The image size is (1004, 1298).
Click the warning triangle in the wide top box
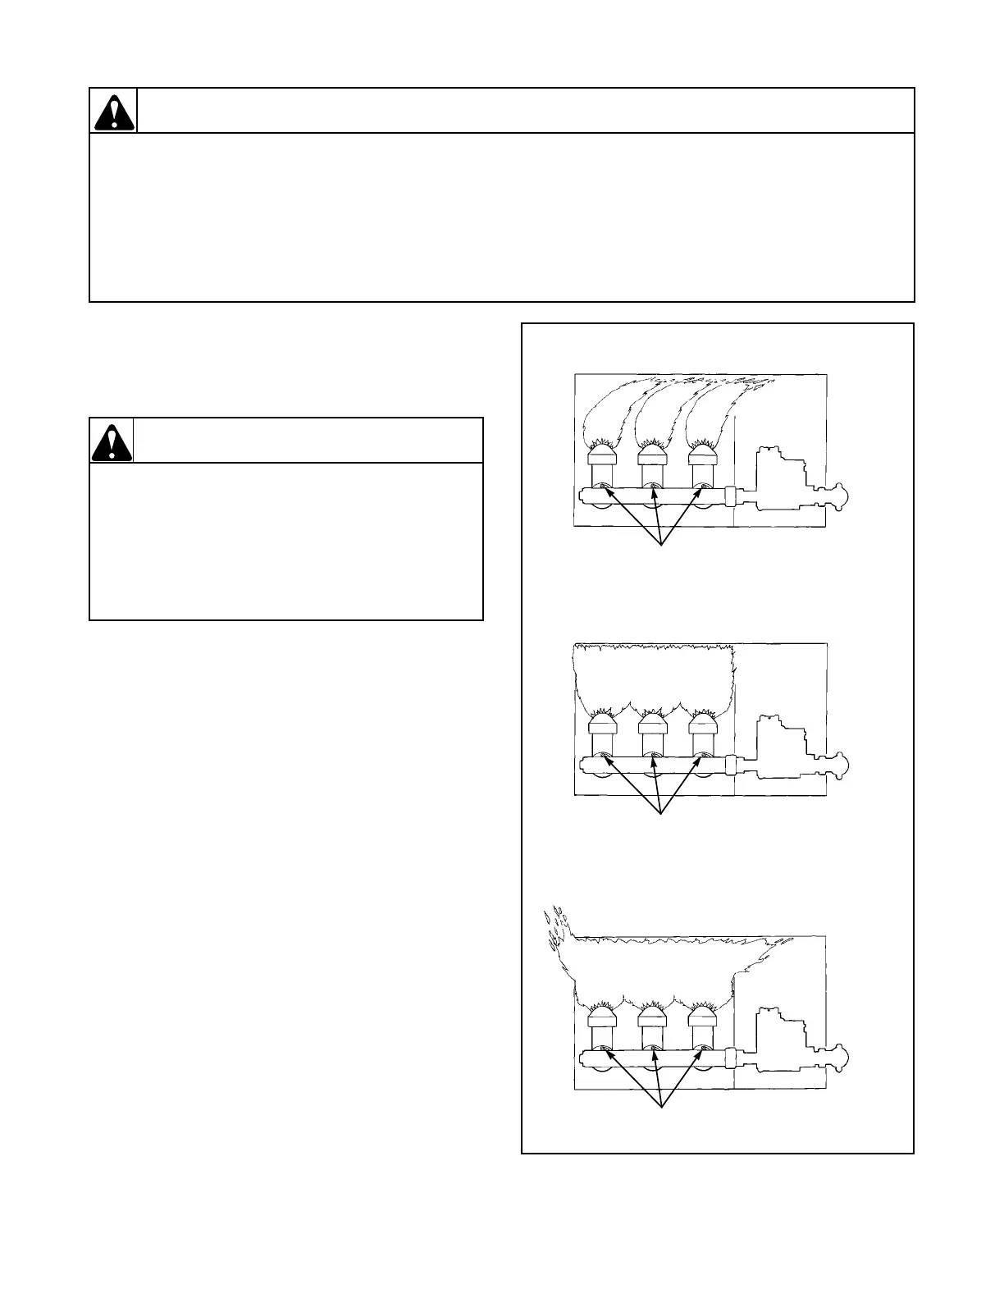coord(114,112)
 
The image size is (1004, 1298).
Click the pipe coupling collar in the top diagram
coord(730,496)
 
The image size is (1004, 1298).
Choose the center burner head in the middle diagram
coord(653,724)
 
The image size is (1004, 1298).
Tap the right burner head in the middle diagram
coord(703,724)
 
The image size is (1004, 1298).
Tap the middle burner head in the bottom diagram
coord(653,1017)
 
